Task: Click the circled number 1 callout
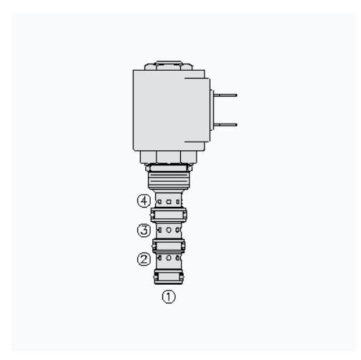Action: [169, 296]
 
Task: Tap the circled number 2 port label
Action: [144, 259]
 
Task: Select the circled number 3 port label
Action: [144, 230]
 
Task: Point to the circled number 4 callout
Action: [144, 200]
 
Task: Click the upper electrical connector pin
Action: [225, 95]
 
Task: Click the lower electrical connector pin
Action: [225, 125]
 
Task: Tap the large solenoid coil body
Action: [169, 110]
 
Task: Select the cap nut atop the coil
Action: [169, 66]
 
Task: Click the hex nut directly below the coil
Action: [169, 157]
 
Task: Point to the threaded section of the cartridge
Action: [169, 180]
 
